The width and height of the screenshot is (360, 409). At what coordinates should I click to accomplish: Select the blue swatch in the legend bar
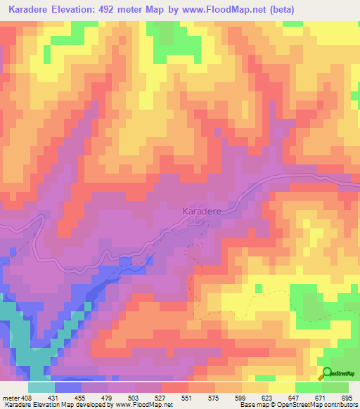(x=67, y=387)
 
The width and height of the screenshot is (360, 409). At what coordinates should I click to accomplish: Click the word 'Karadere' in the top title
(x=28, y=9)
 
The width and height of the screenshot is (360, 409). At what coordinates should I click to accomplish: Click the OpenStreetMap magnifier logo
(x=327, y=373)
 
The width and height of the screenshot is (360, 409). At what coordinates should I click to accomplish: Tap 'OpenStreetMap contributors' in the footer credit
(x=323, y=405)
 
